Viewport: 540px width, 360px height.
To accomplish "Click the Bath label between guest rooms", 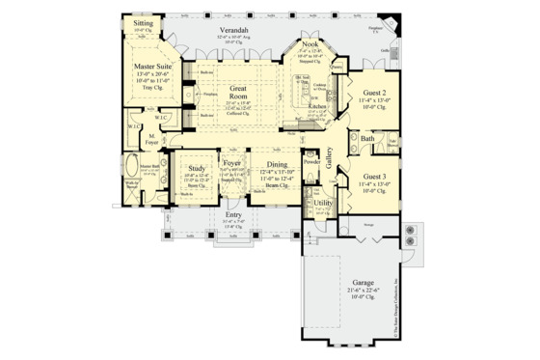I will [367, 139].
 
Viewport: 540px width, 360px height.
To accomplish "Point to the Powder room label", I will [310, 162].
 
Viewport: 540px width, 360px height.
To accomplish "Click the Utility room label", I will [323, 204].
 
